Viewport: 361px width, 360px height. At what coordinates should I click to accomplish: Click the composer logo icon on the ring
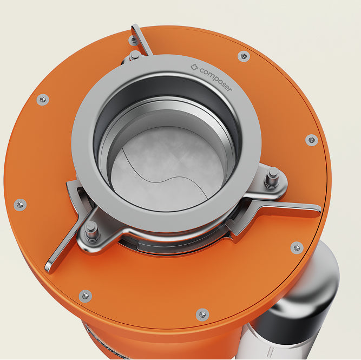[x=194, y=68]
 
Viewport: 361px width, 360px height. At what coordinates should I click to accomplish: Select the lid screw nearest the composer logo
[x=244, y=56]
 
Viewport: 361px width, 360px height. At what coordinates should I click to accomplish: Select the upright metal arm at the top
[x=141, y=40]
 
